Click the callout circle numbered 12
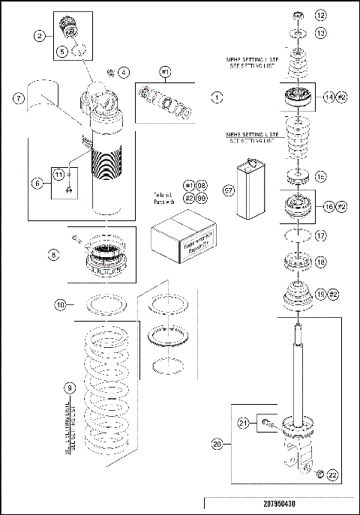(320, 15)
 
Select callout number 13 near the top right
(320, 33)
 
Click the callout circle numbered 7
(19, 98)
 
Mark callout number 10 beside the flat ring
(61, 304)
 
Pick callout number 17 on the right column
(320, 235)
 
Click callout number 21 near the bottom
(243, 424)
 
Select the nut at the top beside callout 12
(298, 15)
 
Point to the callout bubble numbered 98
(202, 184)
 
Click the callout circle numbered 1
(216, 97)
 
